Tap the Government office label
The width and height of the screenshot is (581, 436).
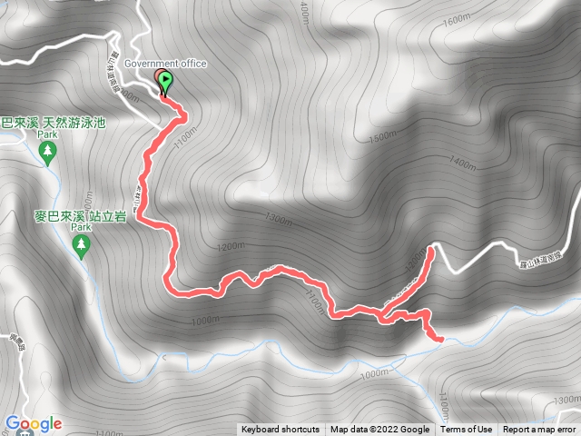[166, 64]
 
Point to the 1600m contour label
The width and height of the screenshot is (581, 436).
[458, 43]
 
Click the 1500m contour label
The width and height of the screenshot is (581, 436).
[384, 136]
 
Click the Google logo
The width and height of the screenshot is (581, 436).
[33, 423]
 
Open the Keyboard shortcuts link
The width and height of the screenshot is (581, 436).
[280, 430]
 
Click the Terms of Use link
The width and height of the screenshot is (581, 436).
[467, 430]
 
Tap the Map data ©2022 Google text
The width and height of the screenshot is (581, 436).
[379, 430]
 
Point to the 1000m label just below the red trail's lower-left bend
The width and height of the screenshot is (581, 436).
[207, 320]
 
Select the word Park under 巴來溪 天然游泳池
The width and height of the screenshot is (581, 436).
[48, 134]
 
